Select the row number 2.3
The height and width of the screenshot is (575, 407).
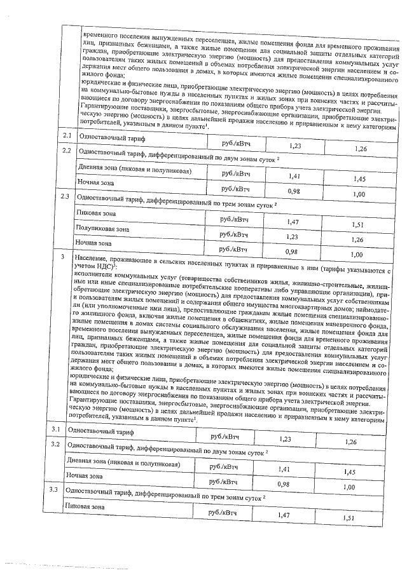(x=64, y=196)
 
